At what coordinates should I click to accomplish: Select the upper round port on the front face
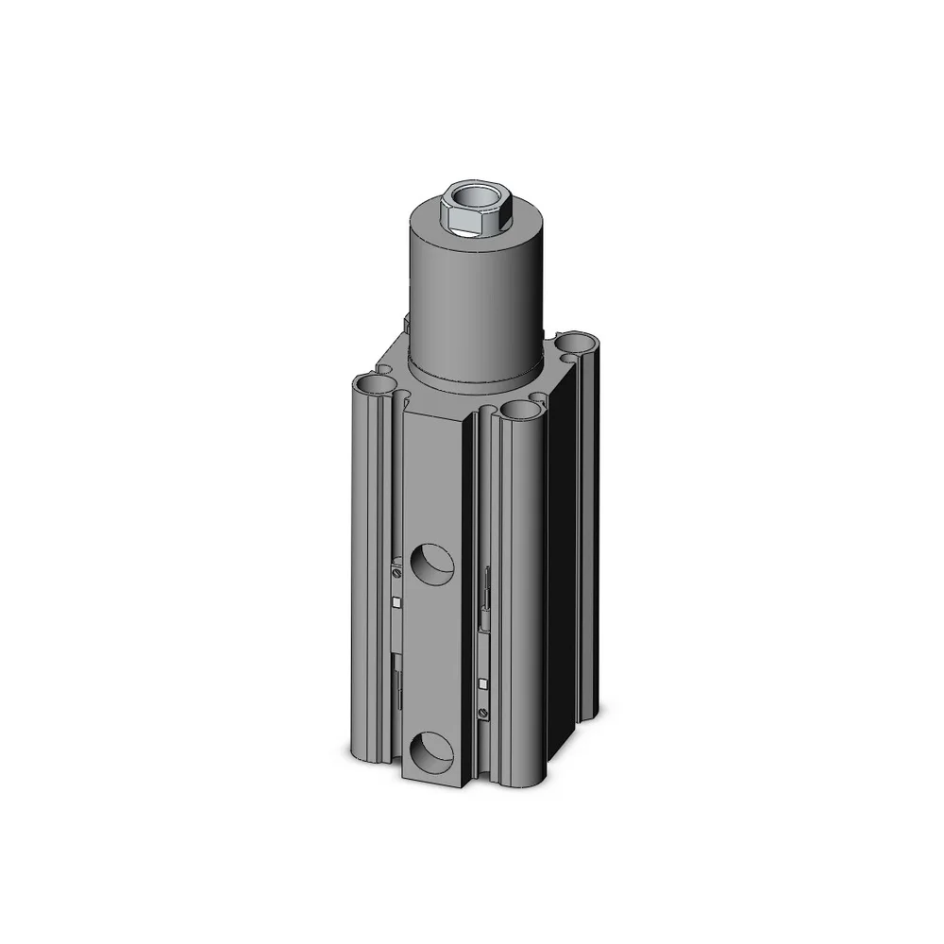(432, 563)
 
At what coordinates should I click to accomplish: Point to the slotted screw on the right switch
(484, 715)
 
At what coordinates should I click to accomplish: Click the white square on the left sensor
(396, 601)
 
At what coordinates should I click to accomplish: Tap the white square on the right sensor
(484, 683)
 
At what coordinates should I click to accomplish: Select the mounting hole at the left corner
(374, 384)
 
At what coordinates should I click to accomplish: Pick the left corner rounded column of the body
(368, 566)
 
